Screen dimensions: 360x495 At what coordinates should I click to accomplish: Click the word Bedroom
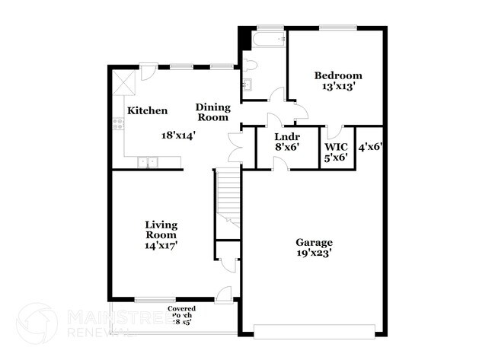point(339,76)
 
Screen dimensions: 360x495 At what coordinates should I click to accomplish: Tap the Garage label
point(315,243)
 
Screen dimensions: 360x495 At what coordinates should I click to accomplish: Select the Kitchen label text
point(147,111)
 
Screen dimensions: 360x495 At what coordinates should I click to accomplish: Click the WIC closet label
point(337,145)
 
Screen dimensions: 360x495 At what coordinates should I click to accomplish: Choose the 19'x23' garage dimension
point(315,253)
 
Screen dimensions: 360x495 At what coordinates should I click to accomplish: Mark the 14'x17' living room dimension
point(161,246)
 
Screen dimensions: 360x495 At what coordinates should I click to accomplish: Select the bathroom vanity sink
point(247,84)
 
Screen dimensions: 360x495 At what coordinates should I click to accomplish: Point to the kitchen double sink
point(148,162)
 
